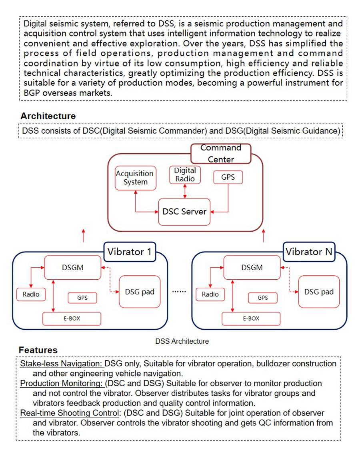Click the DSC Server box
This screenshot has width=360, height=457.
pos(184,212)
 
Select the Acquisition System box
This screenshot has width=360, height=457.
pos(136,178)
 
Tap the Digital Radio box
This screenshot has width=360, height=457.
pos(185,175)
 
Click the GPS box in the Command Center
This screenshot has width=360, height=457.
pos(228,177)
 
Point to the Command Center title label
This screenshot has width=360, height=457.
pos(221,154)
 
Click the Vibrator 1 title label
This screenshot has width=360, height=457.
pos(130,252)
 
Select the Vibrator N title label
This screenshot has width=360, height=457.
pos(309,252)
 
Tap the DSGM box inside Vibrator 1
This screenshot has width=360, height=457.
pos(72,268)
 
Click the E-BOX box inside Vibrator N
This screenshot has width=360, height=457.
pos(251,319)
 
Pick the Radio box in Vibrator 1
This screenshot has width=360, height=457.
pos(31,295)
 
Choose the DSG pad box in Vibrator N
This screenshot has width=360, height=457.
pos(319,292)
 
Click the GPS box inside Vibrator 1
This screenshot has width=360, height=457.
pos(82,298)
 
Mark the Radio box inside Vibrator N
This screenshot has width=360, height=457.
pos(210,295)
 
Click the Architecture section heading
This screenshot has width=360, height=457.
pos(48,116)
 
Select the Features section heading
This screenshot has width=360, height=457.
pos(38,350)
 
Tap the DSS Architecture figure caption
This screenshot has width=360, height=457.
pos(182,341)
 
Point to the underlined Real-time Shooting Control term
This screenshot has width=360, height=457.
pos(70,413)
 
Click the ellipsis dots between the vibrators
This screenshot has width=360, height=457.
pos(179,291)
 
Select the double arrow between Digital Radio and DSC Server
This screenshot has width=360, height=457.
pos(185,191)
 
